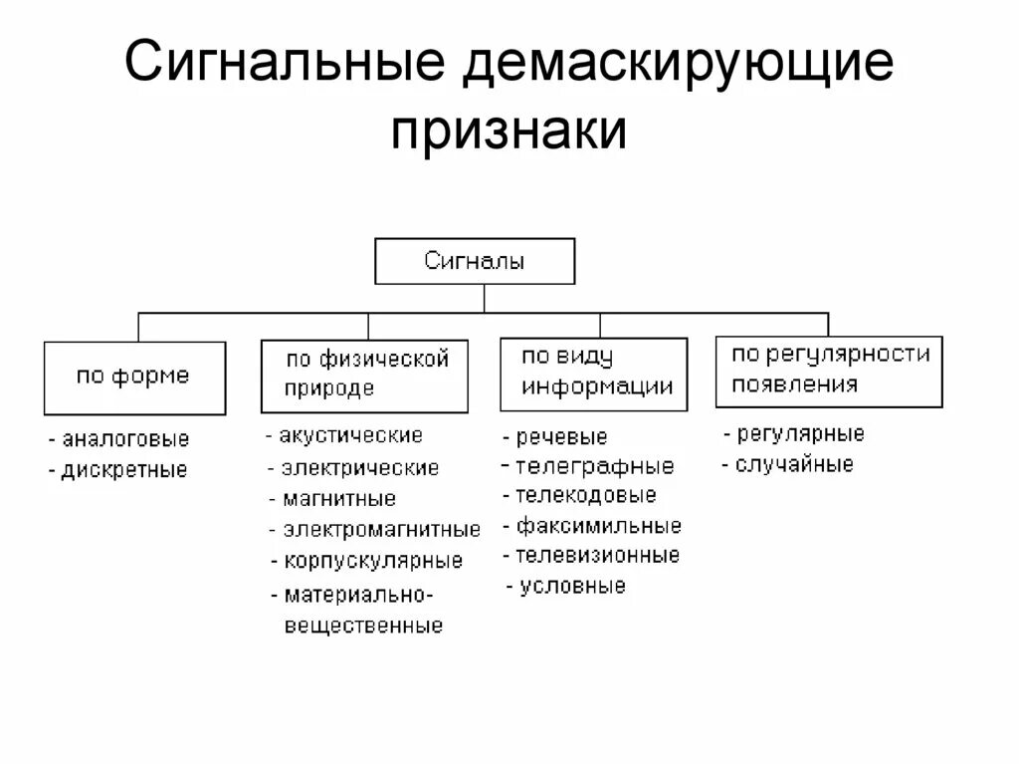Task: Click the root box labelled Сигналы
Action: tap(475, 262)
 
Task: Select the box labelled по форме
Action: tap(133, 378)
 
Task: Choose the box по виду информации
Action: tap(593, 374)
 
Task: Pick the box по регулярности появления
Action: tap(828, 371)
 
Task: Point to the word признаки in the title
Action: tap(509, 129)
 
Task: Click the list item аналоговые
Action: tap(124, 439)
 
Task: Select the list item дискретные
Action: tap(123, 470)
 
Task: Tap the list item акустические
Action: tap(350, 435)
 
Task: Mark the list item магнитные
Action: tap(338, 499)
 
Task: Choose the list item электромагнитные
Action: tap(380, 530)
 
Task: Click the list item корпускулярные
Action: tap(372, 561)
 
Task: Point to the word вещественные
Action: tap(363, 628)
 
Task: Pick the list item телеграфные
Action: tap(593, 466)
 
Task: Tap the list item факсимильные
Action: tap(598, 526)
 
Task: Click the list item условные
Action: tap(572, 587)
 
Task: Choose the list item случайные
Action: tap(793, 465)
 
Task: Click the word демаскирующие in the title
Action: tap(676, 65)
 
